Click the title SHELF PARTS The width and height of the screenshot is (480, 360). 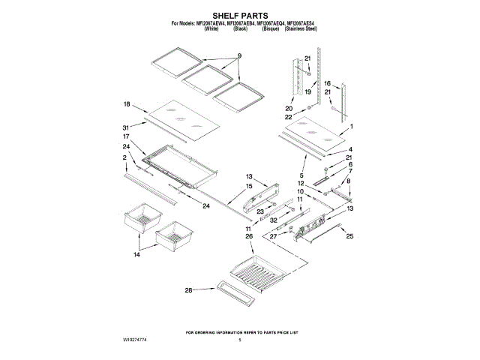point(240,14)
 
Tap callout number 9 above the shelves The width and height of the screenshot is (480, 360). point(240,56)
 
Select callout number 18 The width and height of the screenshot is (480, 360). point(127,104)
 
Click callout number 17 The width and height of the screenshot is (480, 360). point(127,136)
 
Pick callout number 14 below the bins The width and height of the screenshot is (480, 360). point(136,255)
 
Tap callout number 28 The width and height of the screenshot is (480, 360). point(189,289)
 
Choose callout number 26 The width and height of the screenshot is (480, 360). point(248,236)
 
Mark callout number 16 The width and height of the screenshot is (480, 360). point(328,83)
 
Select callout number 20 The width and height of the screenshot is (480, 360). point(289,108)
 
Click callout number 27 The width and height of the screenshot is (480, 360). point(273,236)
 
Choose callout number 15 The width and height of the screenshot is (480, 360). point(248,186)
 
